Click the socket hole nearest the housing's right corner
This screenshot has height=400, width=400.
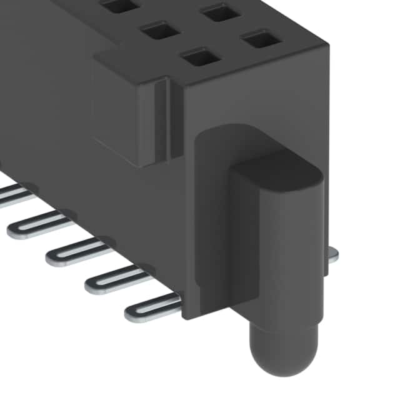tap(262, 40)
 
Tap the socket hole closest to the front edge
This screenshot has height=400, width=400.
tap(201, 57)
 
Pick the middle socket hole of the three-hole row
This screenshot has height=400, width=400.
tap(161, 29)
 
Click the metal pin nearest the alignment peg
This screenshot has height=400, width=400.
tap(153, 307)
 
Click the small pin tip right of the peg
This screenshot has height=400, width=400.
tap(332, 253)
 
